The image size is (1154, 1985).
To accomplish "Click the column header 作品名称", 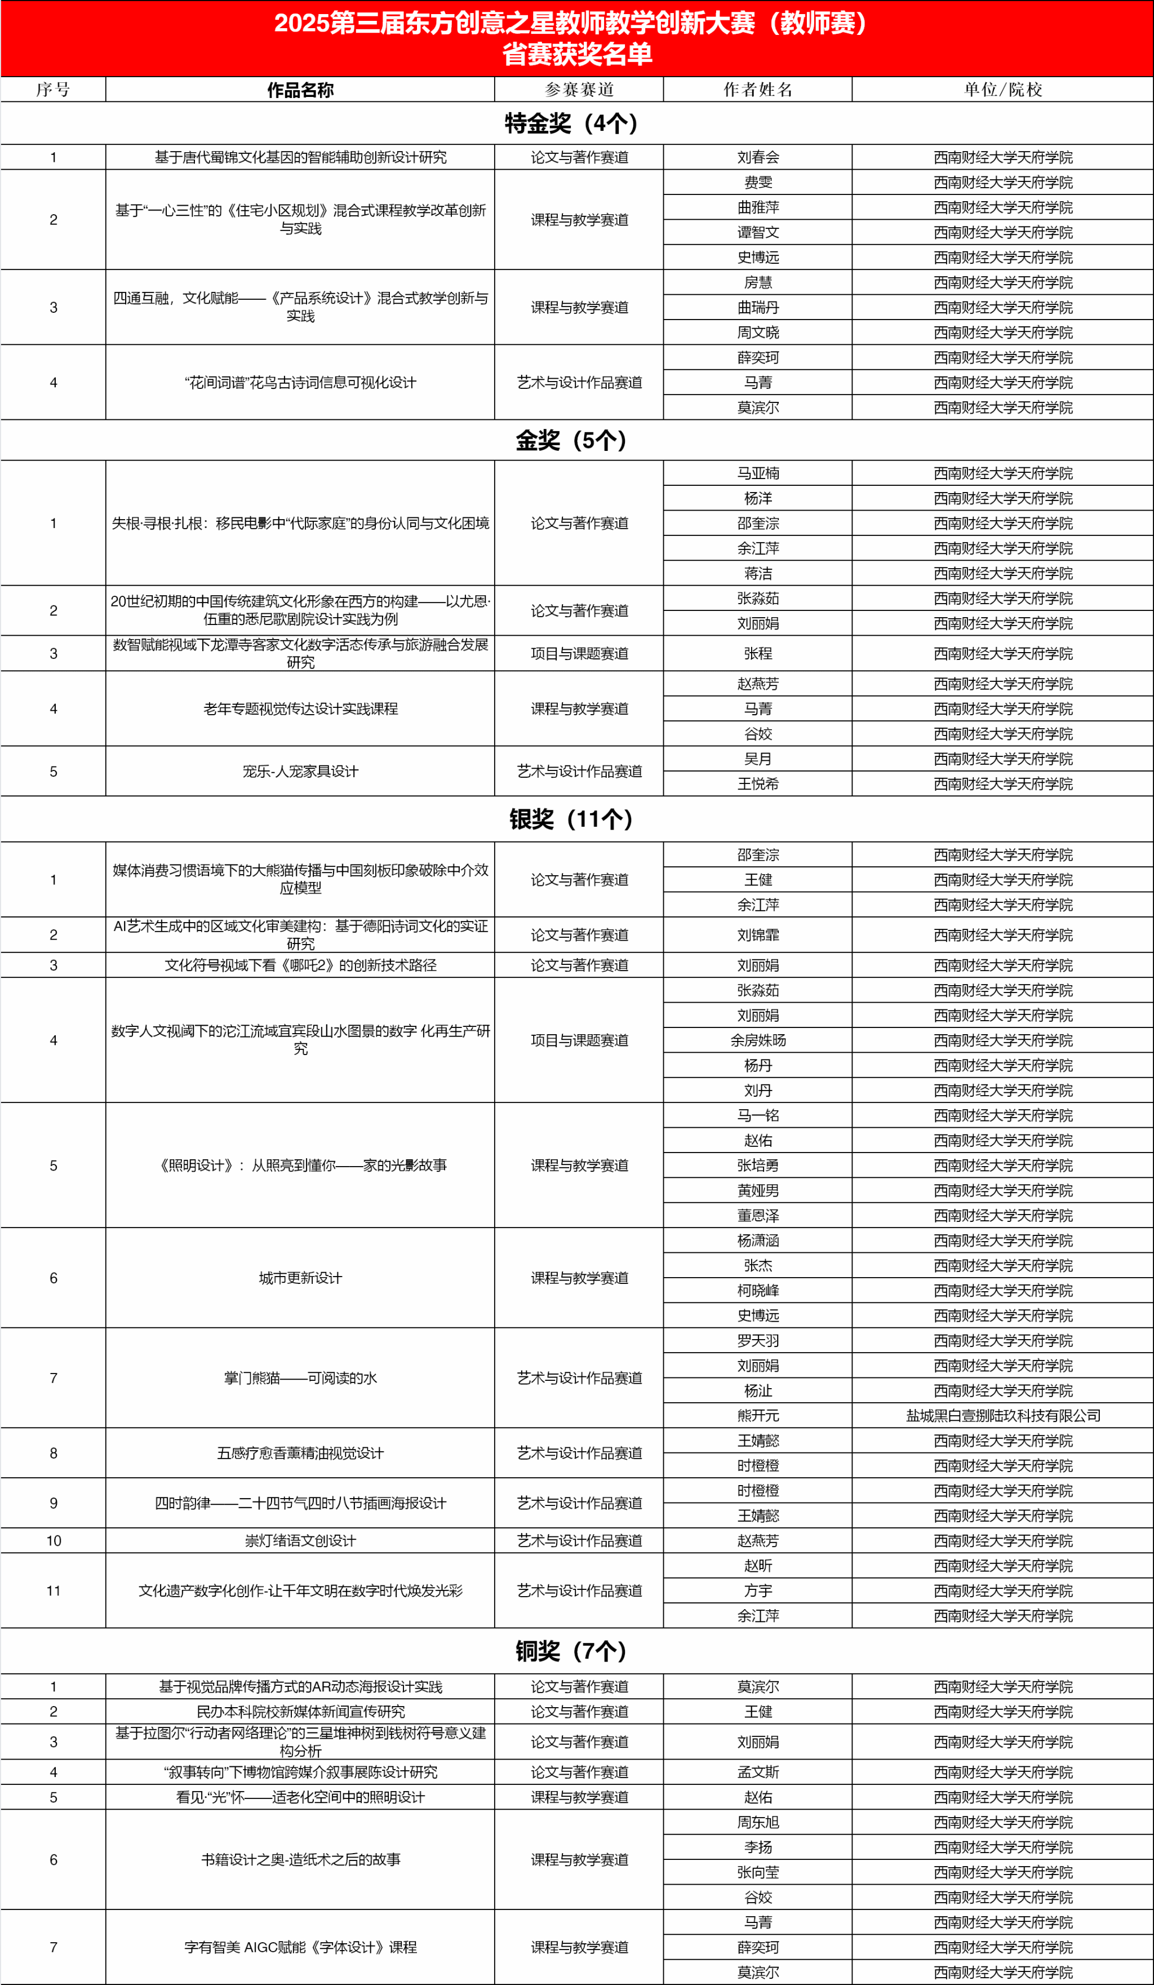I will pos(300,90).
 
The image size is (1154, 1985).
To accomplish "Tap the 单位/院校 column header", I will pos(1003,90).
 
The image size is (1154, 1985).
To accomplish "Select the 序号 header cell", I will pos(53,90).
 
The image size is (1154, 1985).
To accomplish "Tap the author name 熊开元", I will pos(758,1416).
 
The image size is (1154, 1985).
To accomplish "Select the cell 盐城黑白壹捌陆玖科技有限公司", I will pos(1003,1416).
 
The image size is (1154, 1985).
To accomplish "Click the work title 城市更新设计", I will pos(300,1278).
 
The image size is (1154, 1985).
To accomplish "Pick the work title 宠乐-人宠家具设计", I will pos(300,771).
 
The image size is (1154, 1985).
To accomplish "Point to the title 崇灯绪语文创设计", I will pos(300,1541).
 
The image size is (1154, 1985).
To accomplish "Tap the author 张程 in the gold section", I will pos(758,654).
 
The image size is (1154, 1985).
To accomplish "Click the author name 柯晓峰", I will pos(758,1290).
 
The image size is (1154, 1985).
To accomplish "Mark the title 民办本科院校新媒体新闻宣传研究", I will pos(300,1712).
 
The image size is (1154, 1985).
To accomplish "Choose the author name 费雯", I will pos(758,183).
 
